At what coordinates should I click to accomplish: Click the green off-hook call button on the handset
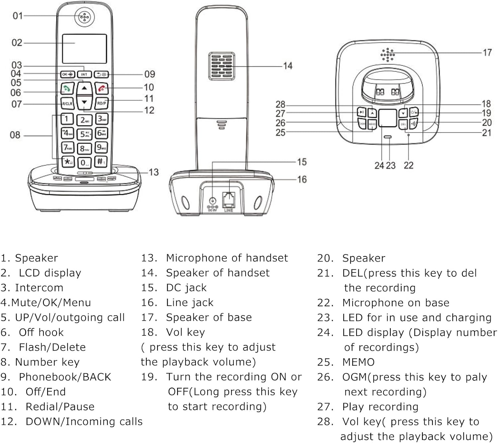point(67,89)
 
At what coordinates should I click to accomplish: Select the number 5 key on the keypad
point(84,134)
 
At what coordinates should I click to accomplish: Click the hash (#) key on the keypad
point(101,162)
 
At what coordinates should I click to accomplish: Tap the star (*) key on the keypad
point(68,162)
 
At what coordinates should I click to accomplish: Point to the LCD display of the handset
point(84,48)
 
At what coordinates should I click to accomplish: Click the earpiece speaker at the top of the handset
point(85,17)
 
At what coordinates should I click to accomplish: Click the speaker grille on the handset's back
point(221,66)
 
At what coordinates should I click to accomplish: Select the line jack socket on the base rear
point(228,200)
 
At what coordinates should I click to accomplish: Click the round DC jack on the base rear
point(212,201)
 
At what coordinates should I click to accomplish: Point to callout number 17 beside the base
point(487,53)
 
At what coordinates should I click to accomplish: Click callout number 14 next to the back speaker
point(288,66)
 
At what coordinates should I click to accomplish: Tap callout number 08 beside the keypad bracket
point(15,135)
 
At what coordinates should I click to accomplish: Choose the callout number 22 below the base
point(408,165)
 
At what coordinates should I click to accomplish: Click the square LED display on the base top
point(387,117)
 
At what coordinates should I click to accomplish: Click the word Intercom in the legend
point(39,288)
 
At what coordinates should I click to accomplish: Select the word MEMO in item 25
point(358,362)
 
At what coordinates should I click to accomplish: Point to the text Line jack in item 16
point(190,303)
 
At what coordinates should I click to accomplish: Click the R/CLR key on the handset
point(67,104)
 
